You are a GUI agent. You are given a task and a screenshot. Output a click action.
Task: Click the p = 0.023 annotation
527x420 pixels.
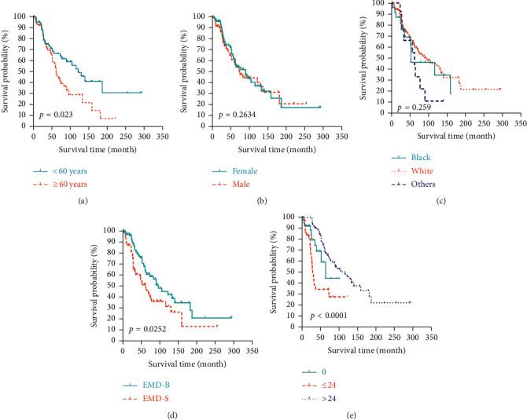pyautogui.click(x=57, y=115)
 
